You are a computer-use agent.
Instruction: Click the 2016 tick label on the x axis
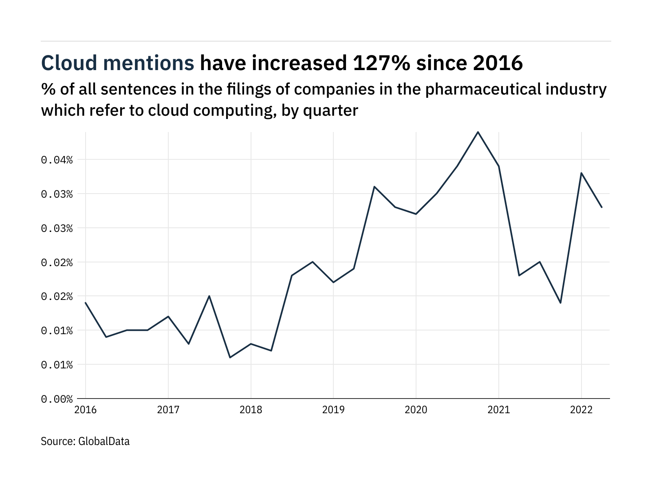tap(86, 410)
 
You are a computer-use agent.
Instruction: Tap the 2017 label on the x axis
tap(168, 410)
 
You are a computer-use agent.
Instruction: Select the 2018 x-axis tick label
tap(251, 410)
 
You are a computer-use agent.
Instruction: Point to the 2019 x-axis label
tap(333, 410)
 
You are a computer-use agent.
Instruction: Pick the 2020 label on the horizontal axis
tap(416, 410)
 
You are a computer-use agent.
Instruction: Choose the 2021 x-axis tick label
tap(499, 410)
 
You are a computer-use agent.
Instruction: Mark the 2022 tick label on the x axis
tap(581, 410)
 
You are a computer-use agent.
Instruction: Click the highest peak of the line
tap(478, 132)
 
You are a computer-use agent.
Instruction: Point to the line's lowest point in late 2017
tap(230, 357)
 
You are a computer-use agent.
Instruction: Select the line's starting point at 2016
tap(86, 303)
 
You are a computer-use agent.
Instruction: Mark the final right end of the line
tap(602, 207)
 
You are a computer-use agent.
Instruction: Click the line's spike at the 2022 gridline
tap(581, 173)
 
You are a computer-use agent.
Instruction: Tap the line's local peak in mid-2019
tap(374, 187)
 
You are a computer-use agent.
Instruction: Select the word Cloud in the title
tap(69, 63)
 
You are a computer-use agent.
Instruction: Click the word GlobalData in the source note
tap(104, 441)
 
